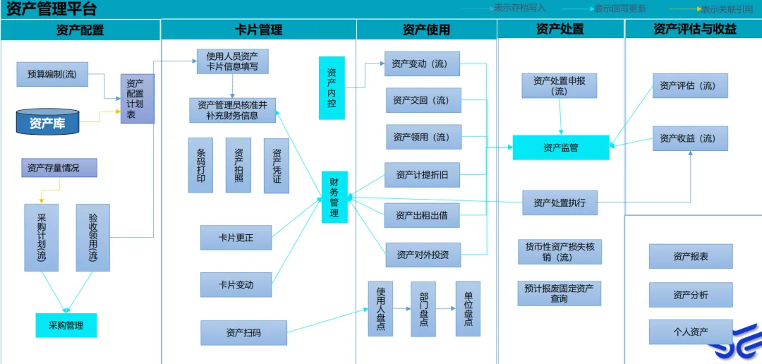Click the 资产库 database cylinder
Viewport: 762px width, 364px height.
47,123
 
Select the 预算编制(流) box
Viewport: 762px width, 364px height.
52,74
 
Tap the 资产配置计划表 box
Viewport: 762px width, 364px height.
137,98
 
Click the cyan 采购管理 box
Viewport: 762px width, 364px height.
66,325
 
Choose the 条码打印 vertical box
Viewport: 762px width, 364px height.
200,165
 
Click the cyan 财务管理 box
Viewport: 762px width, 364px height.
334,197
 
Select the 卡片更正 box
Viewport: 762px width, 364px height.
236,238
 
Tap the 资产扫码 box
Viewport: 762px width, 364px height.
243,332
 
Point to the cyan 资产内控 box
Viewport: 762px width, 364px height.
332,88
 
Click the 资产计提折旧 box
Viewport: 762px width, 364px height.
422,175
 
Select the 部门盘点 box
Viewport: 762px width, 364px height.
423,308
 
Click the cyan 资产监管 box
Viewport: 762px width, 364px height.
560,147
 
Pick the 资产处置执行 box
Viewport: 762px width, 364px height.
560,202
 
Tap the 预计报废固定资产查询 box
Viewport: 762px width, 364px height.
559,293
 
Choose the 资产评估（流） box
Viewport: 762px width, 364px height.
689,85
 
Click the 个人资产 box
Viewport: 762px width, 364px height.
690,332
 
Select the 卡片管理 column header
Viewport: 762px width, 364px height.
258,30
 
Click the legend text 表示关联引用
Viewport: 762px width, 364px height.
727,9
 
